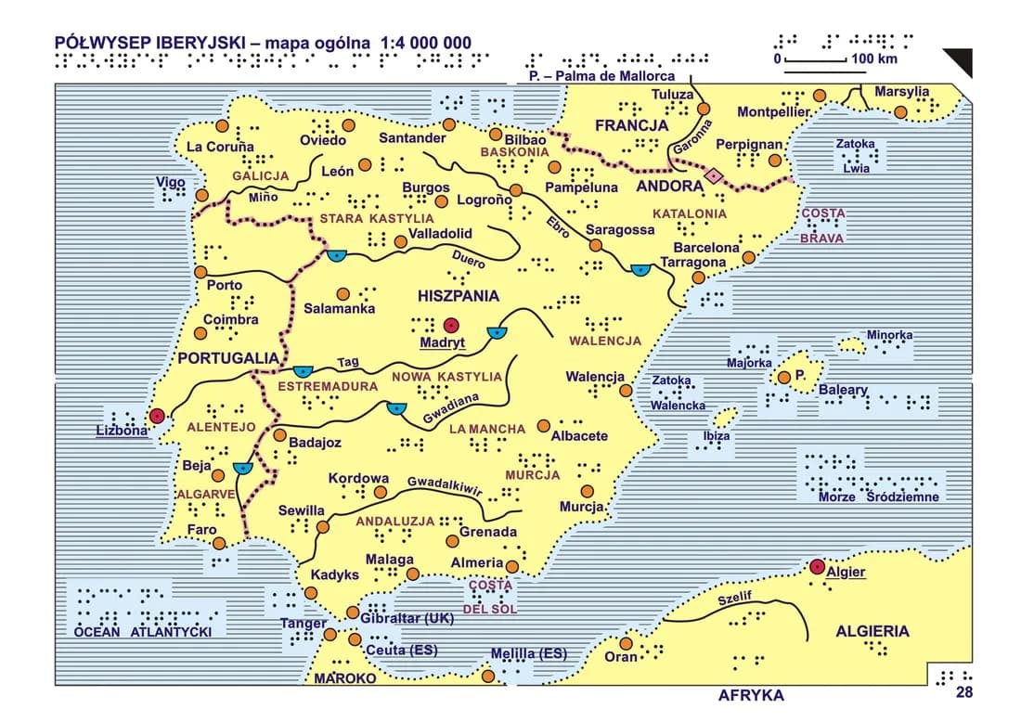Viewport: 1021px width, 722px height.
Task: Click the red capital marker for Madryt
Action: point(451,326)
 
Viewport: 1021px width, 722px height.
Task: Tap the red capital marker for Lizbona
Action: point(158,416)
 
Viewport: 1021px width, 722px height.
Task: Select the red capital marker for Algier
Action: point(817,566)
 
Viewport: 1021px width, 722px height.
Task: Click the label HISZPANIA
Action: point(459,297)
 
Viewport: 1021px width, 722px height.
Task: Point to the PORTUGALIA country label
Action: point(228,358)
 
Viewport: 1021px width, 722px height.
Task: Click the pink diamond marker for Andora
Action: point(714,175)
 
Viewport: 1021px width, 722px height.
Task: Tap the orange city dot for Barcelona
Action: point(749,257)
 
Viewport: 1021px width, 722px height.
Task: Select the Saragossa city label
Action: point(620,230)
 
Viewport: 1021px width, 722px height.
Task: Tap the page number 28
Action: point(964,692)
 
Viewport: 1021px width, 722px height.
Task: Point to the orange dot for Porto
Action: point(201,272)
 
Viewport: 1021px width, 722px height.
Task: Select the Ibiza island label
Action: point(717,435)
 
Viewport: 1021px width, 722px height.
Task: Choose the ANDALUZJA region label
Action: point(395,522)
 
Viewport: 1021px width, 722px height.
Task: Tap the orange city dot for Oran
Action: point(627,643)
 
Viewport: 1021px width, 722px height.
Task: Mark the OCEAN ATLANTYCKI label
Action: point(144,632)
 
